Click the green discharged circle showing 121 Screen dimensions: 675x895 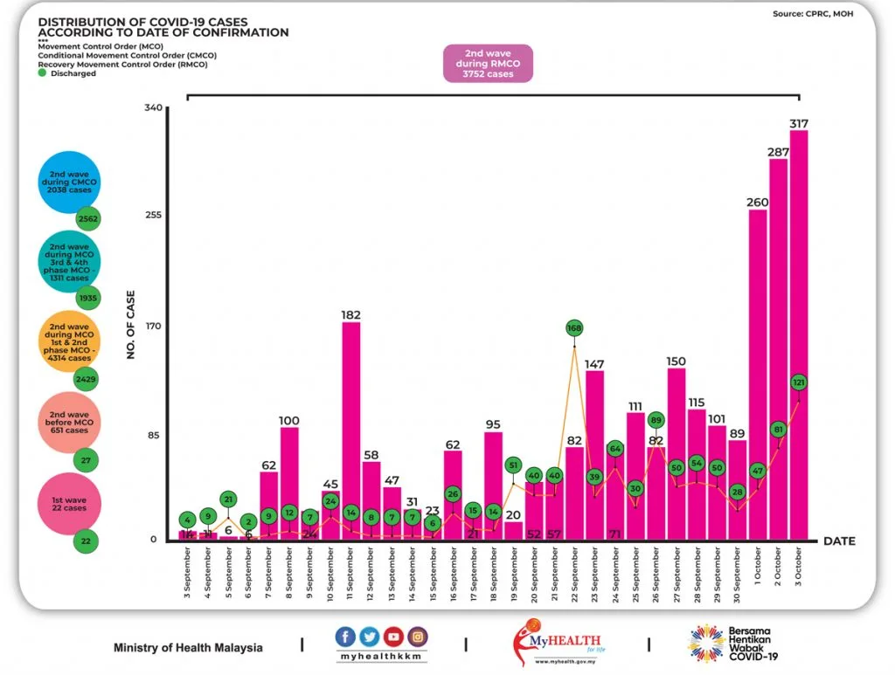pyautogui.click(x=799, y=382)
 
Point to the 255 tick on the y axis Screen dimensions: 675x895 pyautogui.click(x=154, y=216)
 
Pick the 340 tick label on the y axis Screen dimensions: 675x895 pyautogui.click(x=154, y=107)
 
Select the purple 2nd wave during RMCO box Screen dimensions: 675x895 pyautogui.click(x=487, y=64)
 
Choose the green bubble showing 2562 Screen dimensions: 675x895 pyautogui.click(x=87, y=218)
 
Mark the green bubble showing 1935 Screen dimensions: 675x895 pyautogui.click(x=87, y=299)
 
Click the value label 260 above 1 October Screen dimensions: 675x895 pyautogui.click(x=758, y=203)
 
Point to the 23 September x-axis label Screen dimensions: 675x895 pyautogui.click(x=595, y=572)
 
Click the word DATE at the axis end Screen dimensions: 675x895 pyautogui.click(x=839, y=541)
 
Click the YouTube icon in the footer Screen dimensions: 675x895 pyautogui.click(x=395, y=637)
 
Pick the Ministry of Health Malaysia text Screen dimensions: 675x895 pyautogui.click(x=188, y=648)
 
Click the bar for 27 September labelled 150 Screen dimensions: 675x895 pyautogui.click(x=676, y=453)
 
